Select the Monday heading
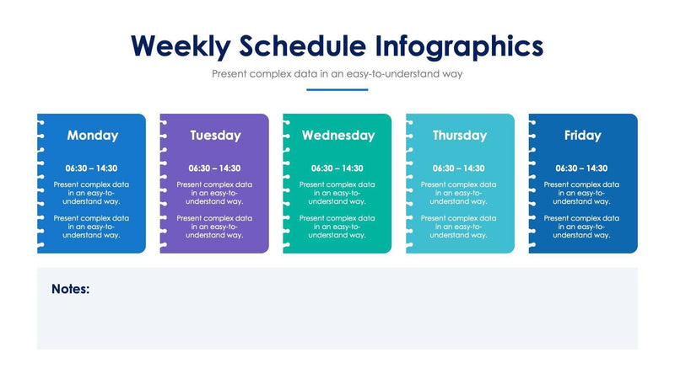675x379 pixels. tap(92, 135)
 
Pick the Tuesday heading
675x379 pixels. tap(215, 135)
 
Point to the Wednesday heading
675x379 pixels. tap(337, 135)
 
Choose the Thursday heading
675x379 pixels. tap(460, 135)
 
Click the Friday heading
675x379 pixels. tap(583, 135)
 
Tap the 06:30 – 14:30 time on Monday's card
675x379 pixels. tap(92, 168)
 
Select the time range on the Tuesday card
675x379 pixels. tap(214, 168)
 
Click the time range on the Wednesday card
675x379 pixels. tap(337, 168)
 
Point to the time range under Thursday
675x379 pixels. tap(460, 168)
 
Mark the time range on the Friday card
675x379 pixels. tap(582, 168)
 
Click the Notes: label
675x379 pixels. tap(71, 289)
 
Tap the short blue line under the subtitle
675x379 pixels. tap(337, 89)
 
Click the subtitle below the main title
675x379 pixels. tap(337, 74)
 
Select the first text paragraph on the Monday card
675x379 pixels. tap(92, 193)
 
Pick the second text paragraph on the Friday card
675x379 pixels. tap(582, 227)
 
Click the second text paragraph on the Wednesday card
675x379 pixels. tap(337, 227)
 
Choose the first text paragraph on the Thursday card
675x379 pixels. tap(460, 193)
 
